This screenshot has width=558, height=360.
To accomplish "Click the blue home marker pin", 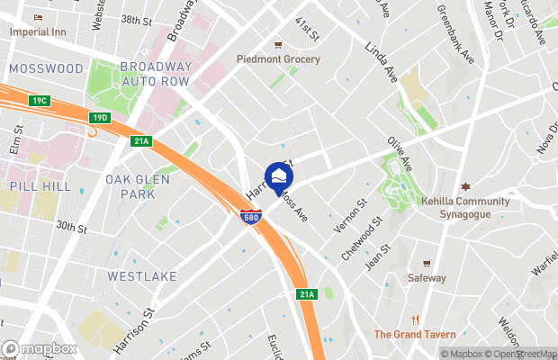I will click(279, 175).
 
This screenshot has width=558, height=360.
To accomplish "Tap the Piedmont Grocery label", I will click(278, 58).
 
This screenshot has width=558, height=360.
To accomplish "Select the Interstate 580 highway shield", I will click(252, 217).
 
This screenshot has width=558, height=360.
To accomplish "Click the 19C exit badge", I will click(38, 99).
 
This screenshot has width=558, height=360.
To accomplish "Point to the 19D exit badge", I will click(100, 118).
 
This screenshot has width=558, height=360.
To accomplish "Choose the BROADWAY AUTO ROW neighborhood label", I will click(157, 73).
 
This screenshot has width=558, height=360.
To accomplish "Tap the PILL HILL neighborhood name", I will click(34, 184).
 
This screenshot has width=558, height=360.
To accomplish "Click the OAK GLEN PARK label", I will click(131, 186).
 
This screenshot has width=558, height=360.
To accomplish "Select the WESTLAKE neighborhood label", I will click(137, 276).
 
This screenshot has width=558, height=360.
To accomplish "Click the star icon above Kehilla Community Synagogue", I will click(465, 186).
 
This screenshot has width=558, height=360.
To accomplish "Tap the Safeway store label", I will click(427, 277).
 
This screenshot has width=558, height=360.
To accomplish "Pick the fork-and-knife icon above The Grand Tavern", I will click(415, 319).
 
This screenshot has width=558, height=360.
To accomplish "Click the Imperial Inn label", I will click(37, 31).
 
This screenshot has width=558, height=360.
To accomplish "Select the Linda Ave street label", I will click(382, 60).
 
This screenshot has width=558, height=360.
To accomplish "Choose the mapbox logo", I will click(40, 349).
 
